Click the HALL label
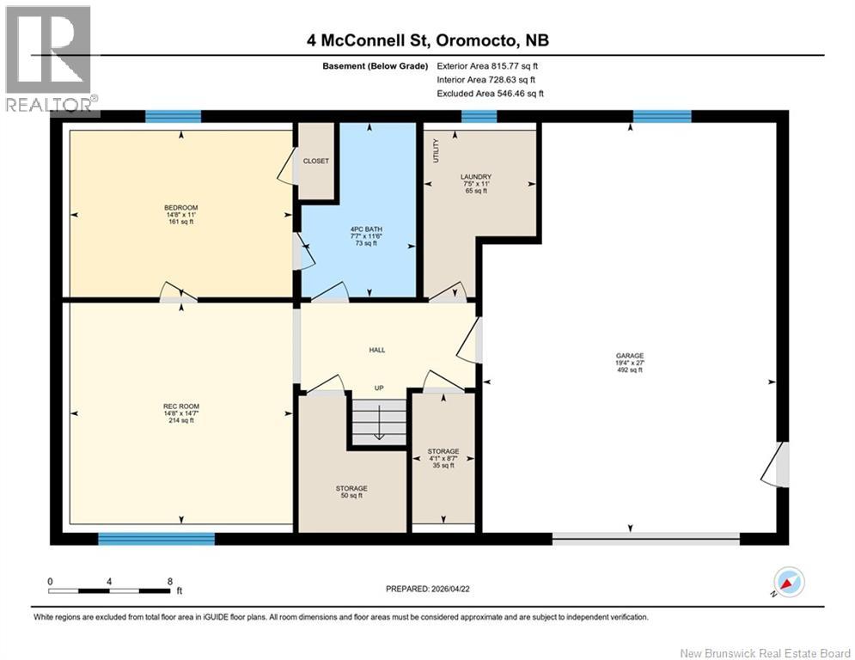(x=377, y=350)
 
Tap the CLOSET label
(x=315, y=161)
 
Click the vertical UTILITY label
(x=436, y=150)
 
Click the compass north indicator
(x=789, y=583)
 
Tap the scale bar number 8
(x=169, y=581)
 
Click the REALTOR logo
(x=49, y=58)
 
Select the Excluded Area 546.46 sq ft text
(x=490, y=93)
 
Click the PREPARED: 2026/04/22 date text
(x=429, y=589)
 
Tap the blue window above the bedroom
(x=173, y=117)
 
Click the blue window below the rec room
(x=156, y=539)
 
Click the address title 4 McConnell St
(x=427, y=40)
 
